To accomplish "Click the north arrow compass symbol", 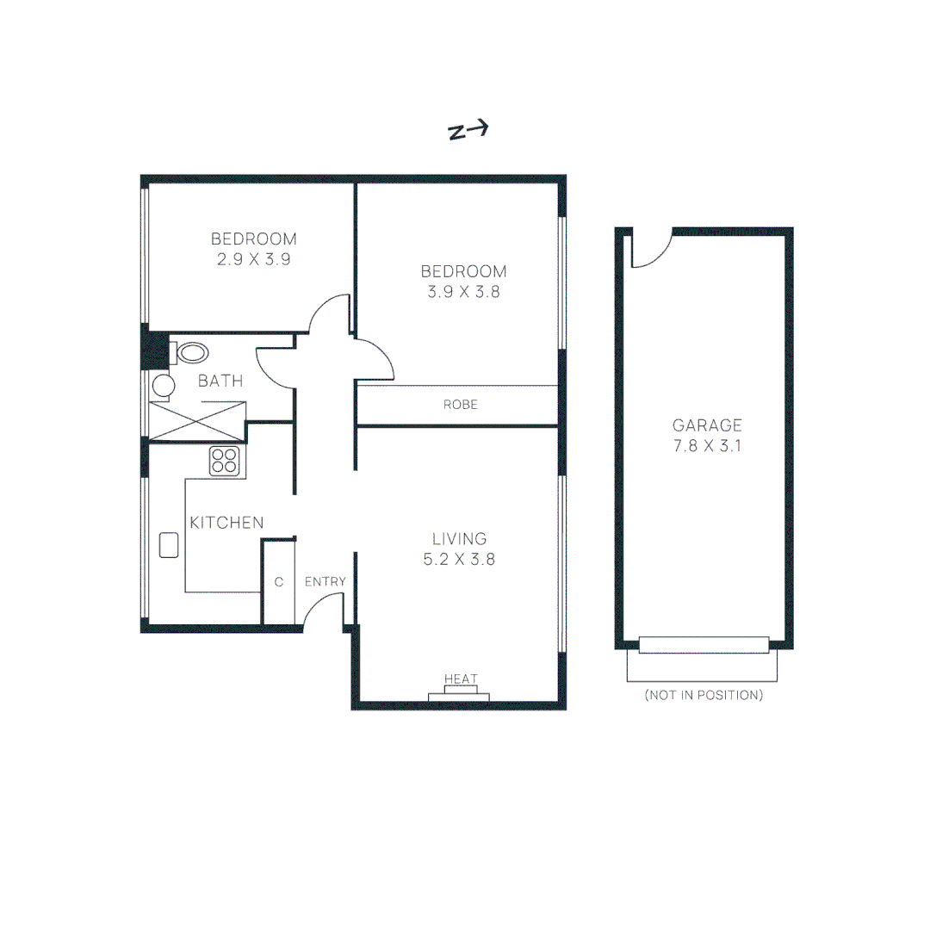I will (468, 130).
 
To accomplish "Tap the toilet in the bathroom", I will (190, 352).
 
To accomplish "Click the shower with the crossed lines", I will (198, 421).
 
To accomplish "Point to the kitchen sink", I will (169, 545).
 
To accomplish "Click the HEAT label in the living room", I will (461, 679).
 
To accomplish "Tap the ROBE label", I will (460, 404).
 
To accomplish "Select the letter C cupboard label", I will (278, 582).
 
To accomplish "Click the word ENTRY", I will (325, 582).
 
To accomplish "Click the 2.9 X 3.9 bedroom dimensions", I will (253, 258).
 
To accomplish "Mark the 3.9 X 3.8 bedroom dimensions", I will (463, 291).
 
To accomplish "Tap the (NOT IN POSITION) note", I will (704, 695).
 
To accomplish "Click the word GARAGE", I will (707, 425).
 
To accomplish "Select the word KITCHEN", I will (226, 523).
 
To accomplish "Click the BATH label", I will (220, 381).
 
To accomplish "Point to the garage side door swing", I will (650, 250).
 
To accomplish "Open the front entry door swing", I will (322, 610).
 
